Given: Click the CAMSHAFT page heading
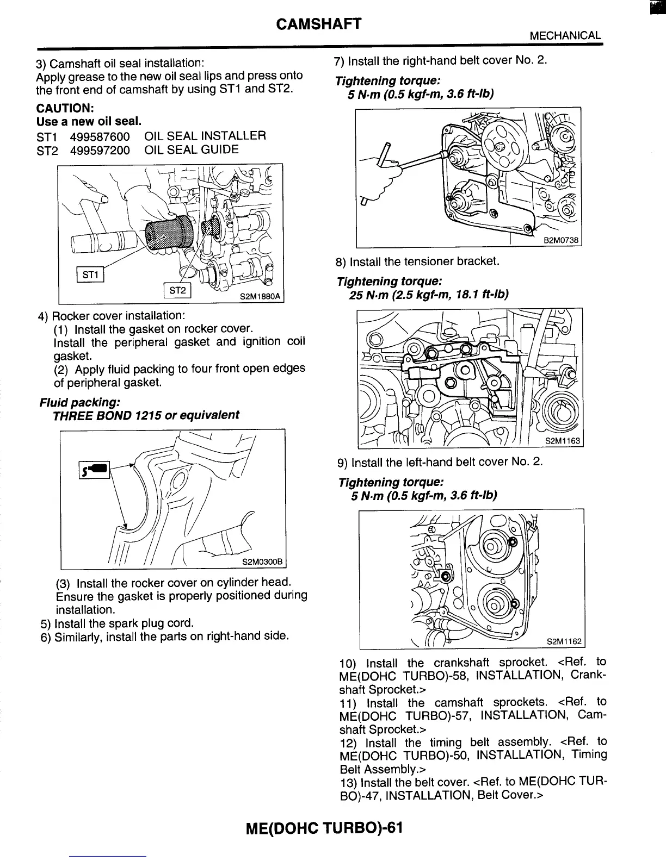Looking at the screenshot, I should tap(319, 24).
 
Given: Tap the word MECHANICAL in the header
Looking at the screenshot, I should tap(565, 36).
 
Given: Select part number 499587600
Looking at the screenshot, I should tap(100, 136).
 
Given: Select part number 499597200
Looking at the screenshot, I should tap(100, 150).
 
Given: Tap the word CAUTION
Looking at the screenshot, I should tap(65, 107).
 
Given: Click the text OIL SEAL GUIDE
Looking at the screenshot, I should tap(192, 150).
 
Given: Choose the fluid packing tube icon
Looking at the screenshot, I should tap(95, 468).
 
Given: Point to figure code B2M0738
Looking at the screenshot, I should tap(561, 241).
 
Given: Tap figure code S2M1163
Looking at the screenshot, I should tap(563, 441).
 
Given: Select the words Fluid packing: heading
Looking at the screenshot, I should tap(79, 403).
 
